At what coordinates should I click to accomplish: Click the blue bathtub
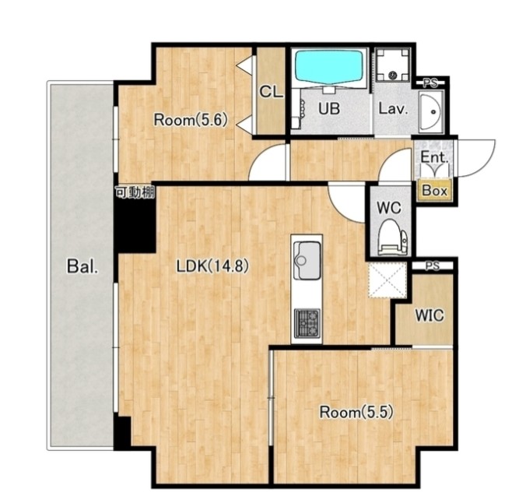click(x=329, y=66)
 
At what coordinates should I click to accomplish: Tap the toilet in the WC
click(x=393, y=237)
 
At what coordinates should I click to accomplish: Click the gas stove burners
click(x=307, y=323)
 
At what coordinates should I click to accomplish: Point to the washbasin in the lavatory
click(x=431, y=111)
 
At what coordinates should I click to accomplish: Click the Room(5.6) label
click(x=191, y=120)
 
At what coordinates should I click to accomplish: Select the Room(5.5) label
click(x=356, y=413)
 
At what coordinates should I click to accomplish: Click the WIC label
click(x=430, y=315)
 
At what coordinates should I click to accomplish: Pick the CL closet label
click(x=271, y=92)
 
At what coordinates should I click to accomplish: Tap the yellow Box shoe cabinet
click(x=435, y=191)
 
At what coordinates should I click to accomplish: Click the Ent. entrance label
click(x=434, y=157)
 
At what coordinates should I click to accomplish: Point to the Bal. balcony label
click(x=82, y=266)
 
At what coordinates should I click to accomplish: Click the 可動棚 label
click(x=135, y=192)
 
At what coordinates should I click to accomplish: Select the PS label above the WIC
click(x=432, y=266)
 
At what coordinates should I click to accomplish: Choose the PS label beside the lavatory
click(x=430, y=83)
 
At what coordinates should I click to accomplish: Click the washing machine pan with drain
click(x=393, y=65)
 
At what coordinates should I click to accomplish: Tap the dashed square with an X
click(x=387, y=280)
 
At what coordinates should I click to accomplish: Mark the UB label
click(x=329, y=108)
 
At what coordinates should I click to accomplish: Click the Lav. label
click(x=393, y=108)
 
